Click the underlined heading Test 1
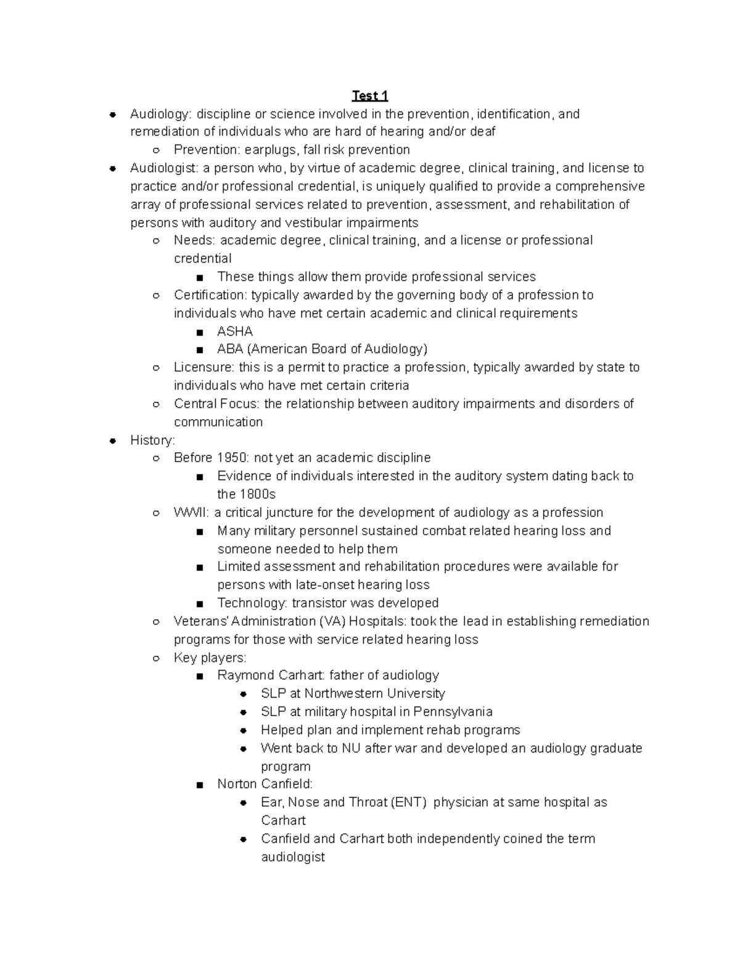click(369, 96)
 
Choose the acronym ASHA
click(235, 332)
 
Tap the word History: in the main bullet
click(152, 440)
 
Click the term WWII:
click(192, 513)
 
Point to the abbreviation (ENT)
click(409, 802)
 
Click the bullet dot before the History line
click(112, 441)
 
